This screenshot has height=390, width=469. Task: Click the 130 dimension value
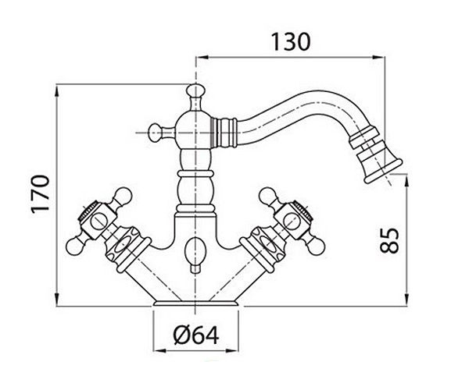291,42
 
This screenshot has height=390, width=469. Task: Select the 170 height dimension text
41,193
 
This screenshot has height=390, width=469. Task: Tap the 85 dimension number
389,240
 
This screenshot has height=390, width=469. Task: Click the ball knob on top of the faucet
195,90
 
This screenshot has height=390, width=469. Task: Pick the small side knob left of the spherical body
156,133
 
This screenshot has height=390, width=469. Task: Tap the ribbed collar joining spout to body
224,133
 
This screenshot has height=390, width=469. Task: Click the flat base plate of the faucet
196,303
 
